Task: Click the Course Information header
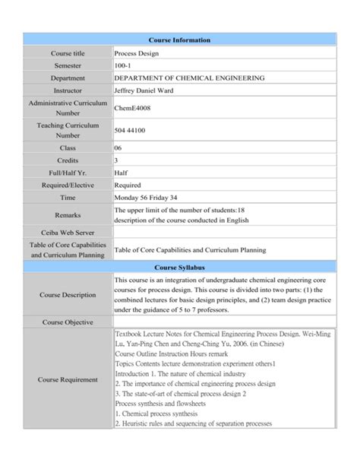(180, 40)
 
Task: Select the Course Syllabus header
(180, 268)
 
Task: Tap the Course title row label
(68, 54)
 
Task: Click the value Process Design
(136, 54)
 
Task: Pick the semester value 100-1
(123, 66)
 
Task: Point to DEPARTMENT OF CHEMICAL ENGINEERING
(189, 78)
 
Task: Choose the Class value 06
(118, 148)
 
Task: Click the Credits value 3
(116, 160)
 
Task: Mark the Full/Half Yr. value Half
(122, 173)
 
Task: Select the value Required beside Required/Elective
(128, 185)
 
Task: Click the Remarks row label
(68, 215)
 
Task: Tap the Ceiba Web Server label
(68, 233)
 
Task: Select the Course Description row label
(68, 294)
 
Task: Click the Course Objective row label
(68, 322)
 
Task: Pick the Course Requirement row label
(68, 379)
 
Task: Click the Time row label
(68, 197)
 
